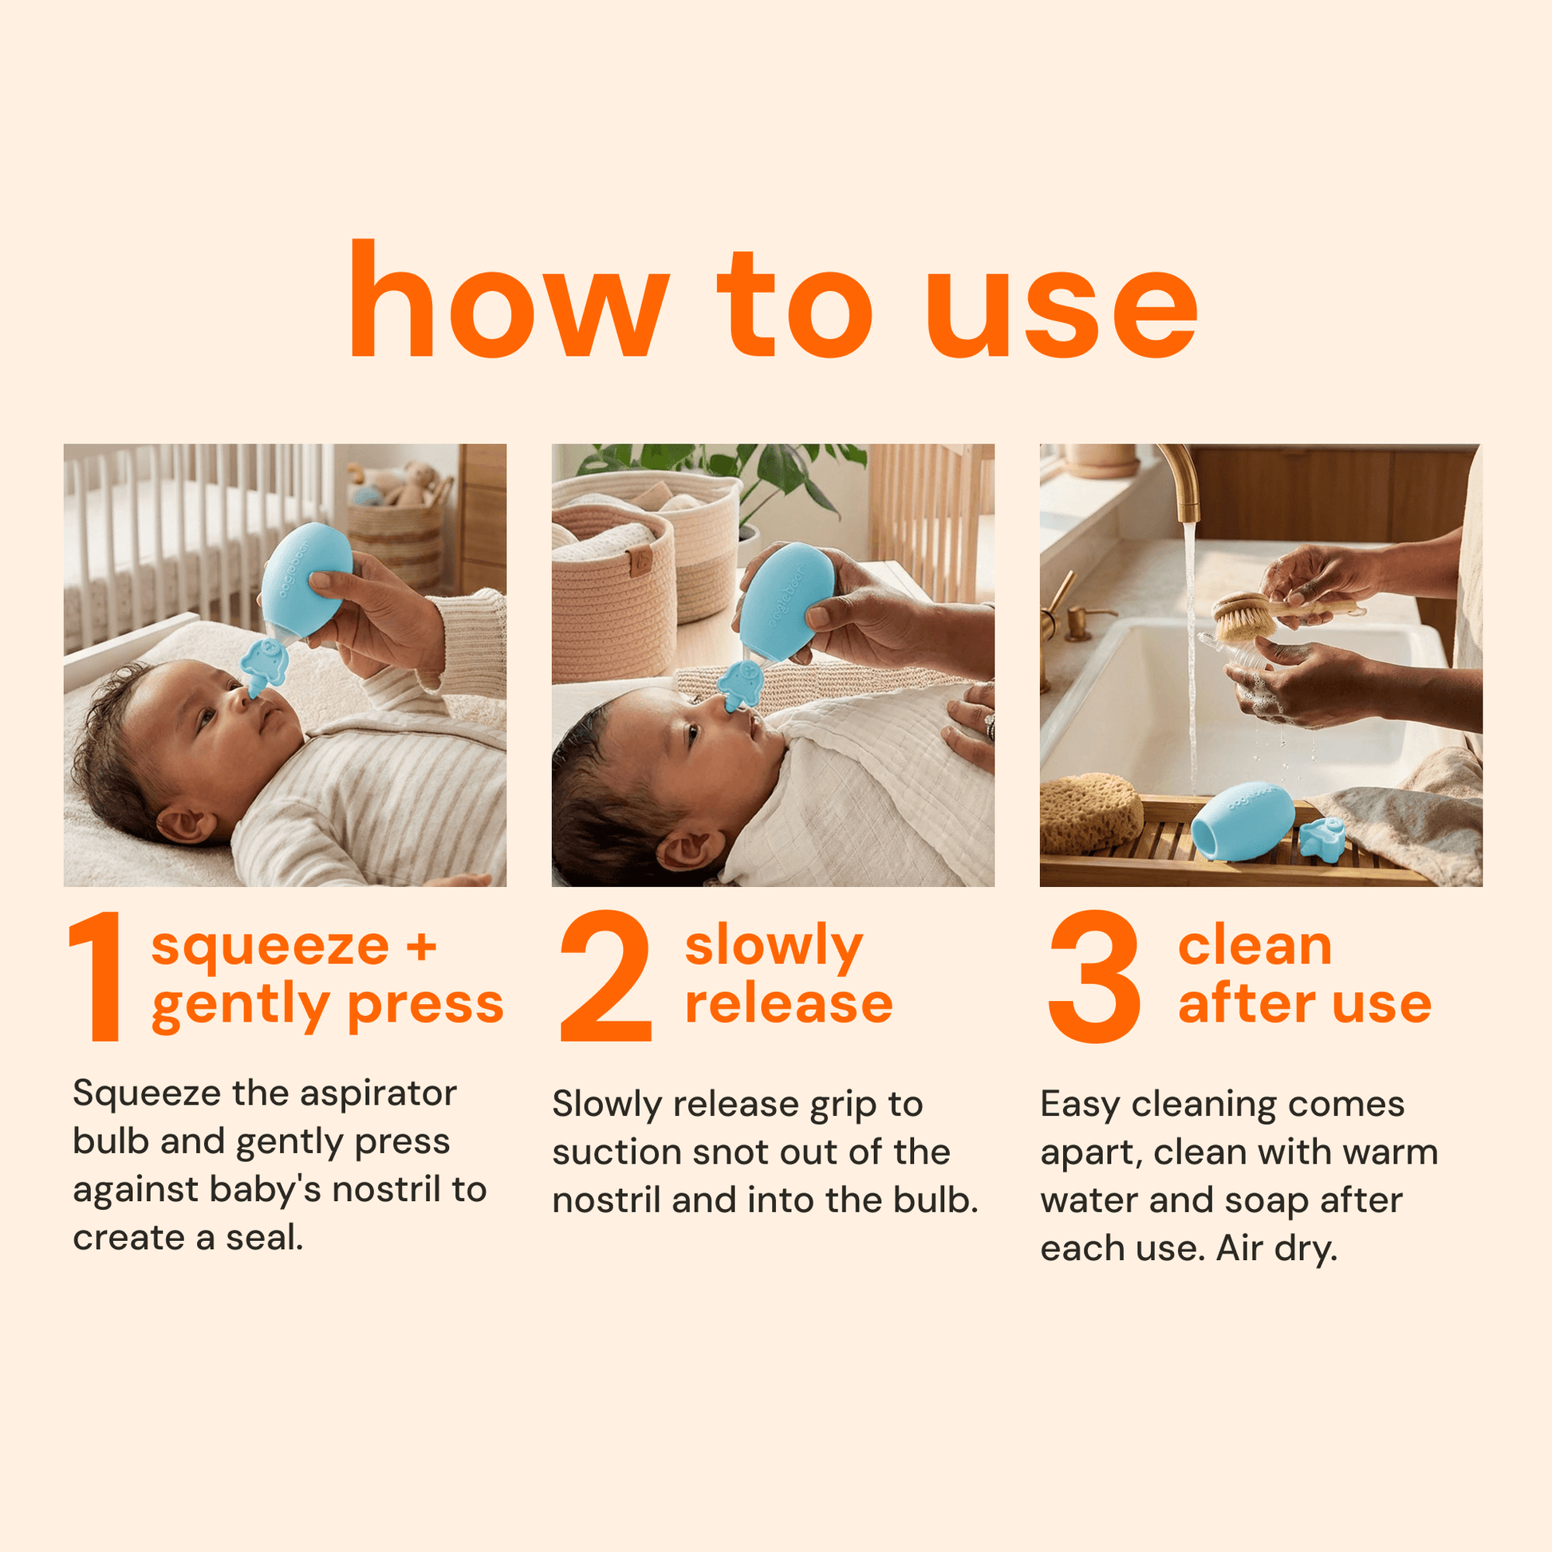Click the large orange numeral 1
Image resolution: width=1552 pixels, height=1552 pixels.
[98, 976]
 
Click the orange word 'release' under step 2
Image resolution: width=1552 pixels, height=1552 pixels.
[789, 1004]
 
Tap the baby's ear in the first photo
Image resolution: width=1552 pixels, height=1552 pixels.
[184, 824]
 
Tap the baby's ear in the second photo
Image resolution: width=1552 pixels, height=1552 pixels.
[687, 850]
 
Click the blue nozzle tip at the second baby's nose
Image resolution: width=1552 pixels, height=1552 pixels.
[739, 687]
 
